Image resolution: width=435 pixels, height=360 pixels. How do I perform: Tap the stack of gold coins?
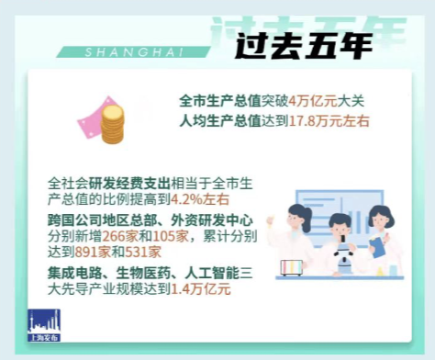(112, 125)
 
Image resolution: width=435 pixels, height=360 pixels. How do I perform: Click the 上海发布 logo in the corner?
(42, 324)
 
